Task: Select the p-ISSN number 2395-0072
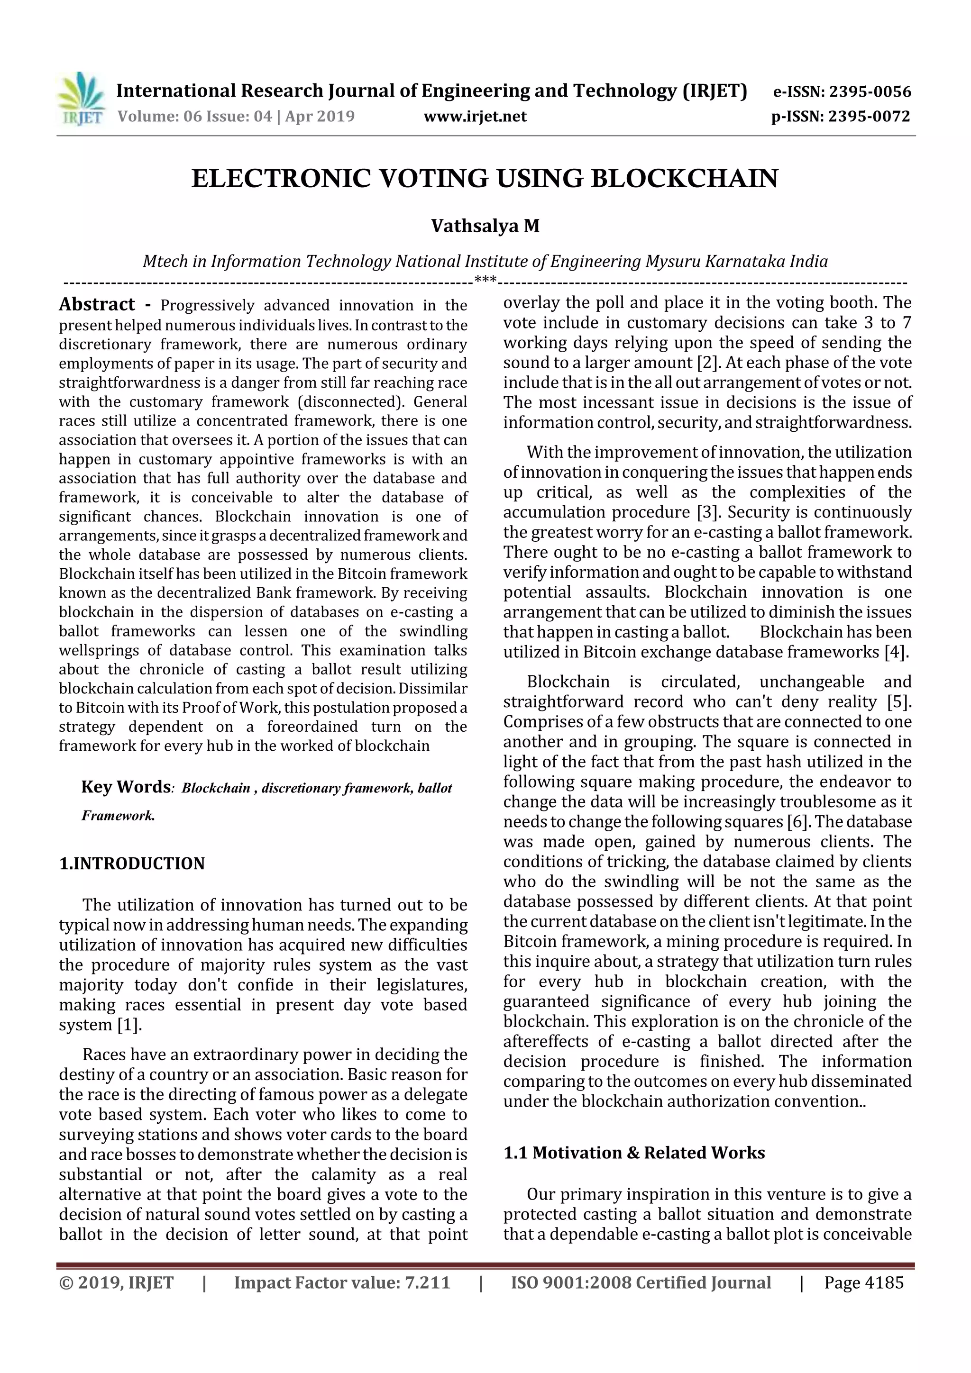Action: click(x=869, y=117)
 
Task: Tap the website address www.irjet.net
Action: click(x=475, y=117)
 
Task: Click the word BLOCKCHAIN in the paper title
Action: click(x=685, y=179)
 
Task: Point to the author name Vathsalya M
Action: click(x=485, y=226)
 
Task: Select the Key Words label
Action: click(x=126, y=786)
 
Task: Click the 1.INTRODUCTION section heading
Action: click(x=132, y=864)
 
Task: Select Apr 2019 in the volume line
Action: click(x=320, y=117)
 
